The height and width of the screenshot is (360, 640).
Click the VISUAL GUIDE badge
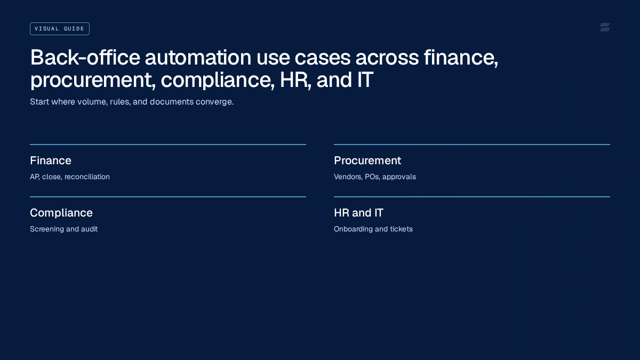(x=59, y=29)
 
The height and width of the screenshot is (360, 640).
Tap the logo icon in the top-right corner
(x=605, y=27)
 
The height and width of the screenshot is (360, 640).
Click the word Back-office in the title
(x=85, y=58)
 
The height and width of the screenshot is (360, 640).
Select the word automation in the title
(x=198, y=58)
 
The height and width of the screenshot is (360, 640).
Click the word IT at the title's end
(x=365, y=79)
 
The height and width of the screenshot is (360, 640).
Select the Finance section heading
(x=51, y=161)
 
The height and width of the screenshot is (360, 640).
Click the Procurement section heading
(x=367, y=161)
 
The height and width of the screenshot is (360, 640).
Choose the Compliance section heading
(x=61, y=213)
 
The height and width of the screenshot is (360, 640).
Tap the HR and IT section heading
(x=358, y=213)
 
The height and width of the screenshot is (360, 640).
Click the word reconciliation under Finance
(x=87, y=177)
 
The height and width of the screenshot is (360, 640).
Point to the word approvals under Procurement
(x=399, y=177)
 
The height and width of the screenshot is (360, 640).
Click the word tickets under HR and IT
(x=402, y=229)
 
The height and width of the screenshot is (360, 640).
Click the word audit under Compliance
(x=89, y=229)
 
